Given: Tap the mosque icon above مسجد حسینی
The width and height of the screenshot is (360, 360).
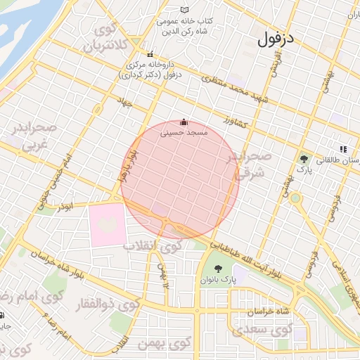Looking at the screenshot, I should [184, 121].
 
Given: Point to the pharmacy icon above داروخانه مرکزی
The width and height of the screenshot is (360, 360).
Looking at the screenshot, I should [149, 54].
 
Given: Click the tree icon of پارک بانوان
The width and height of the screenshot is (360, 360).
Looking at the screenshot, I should [217, 268].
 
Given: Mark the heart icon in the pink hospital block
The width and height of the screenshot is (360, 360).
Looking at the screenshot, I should [108, 224].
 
